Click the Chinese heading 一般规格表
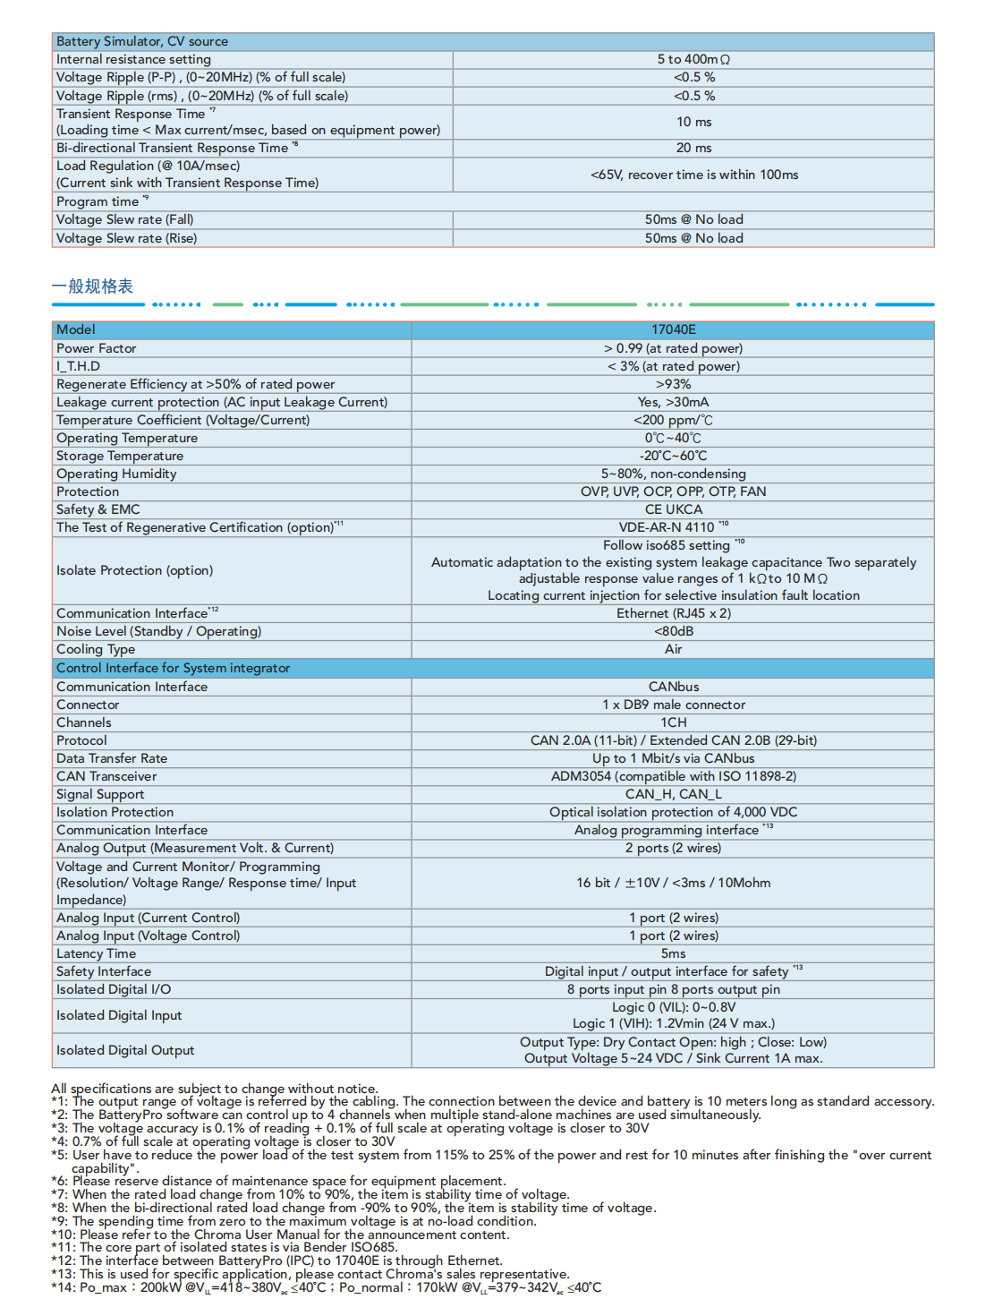tap(92, 286)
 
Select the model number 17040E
tap(673, 329)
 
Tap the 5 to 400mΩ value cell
tap(693, 59)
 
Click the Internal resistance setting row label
tap(134, 59)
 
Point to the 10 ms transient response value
tap(693, 122)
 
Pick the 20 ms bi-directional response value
tap(693, 148)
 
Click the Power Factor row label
tap(97, 348)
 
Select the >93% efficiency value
tap(673, 384)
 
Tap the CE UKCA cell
tap(673, 509)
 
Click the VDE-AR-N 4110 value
tap(667, 527)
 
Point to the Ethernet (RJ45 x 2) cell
tap(673, 613)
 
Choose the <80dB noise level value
tap(673, 631)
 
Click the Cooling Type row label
tap(96, 649)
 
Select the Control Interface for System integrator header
tap(174, 668)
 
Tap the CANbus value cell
tap(673, 687)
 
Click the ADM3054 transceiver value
tap(673, 776)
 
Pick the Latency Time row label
tap(97, 953)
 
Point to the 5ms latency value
tap(673, 953)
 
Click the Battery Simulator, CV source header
tap(142, 41)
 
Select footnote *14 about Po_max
tap(327, 1287)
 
